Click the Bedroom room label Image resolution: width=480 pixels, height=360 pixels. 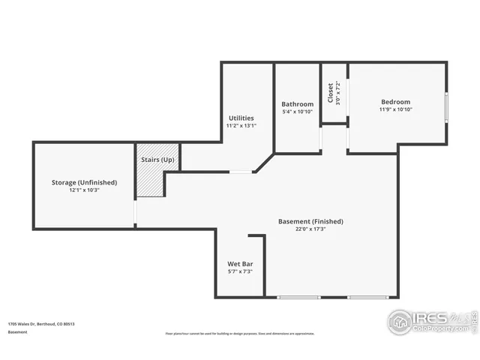pyautogui.click(x=395, y=102)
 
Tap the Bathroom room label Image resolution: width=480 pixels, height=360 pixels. pyautogui.click(x=297, y=104)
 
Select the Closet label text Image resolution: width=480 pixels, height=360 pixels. pyautogui.click(x=330, y=92)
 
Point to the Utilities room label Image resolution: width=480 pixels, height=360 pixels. pyautogui.click(x=241, y=118)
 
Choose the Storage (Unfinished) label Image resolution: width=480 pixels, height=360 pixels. pyautogui.click(x=84, y=182)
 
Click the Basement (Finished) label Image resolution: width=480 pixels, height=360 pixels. pyautogui.click(x=310, y=221)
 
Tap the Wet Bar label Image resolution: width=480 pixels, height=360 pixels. pyautogui.click(x=239, y=264)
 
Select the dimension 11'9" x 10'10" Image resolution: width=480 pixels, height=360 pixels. pyautogui.click(x=395, y=109)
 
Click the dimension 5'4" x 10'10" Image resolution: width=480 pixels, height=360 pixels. pyautogui.click(x=297, y=112)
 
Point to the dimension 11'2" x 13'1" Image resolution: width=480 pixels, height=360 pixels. pyautogui.click(x=241, y=125)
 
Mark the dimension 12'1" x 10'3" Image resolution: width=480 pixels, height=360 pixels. pyautogui.click(x=84, y=190)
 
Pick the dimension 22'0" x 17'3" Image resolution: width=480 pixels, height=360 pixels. pyautogui.click(x=310, y=229)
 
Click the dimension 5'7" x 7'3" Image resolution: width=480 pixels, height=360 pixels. pyautogui.click(x=239, y=271)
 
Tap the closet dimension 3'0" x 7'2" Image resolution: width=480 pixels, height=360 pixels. pyautogui.click(x=338, y=92)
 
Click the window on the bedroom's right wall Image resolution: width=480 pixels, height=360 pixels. pyautogui.click(x=446, y=108)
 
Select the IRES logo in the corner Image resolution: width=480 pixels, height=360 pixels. pyautogui.click(x=430, y=322)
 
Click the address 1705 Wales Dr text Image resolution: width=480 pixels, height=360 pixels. pyautogui.click(x=41, y=324)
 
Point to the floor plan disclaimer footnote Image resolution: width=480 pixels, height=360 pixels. pyautogui.click(x=239, y=334)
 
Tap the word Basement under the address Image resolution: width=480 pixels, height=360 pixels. pyautogui.click(x=18, y=331)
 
